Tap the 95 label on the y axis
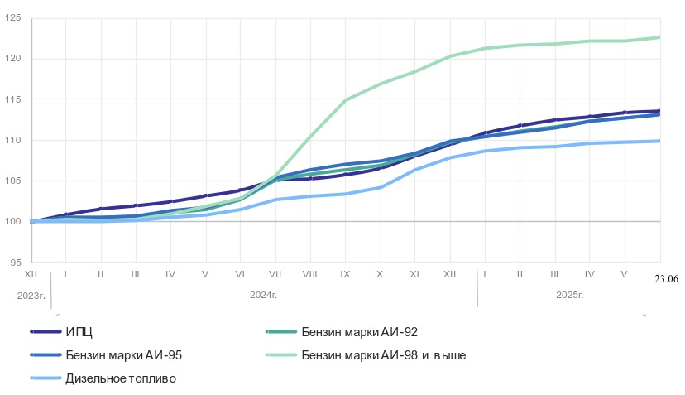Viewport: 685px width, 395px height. pos(14,262)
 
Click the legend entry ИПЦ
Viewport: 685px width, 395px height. pos(79,332)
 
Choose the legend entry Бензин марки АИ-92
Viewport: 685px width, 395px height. pos(360,332)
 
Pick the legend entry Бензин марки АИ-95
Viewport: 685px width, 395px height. pos(123,355)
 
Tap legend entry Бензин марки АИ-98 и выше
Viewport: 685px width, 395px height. pos(384,355)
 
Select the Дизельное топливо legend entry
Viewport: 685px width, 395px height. pos(120,378)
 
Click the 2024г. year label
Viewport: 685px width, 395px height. pos(263,294)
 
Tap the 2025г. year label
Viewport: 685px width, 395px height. pos(570,294)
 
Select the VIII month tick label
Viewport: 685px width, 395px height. pos(310,273)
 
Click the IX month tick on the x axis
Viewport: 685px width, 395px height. pos(345,273)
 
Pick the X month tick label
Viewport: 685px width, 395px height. pos(380,273)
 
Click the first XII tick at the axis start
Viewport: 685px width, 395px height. pos(31,273)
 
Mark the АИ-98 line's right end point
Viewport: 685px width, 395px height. pos(659,37)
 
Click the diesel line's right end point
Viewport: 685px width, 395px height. pos(659,141)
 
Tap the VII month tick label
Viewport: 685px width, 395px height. pos(275,273)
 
